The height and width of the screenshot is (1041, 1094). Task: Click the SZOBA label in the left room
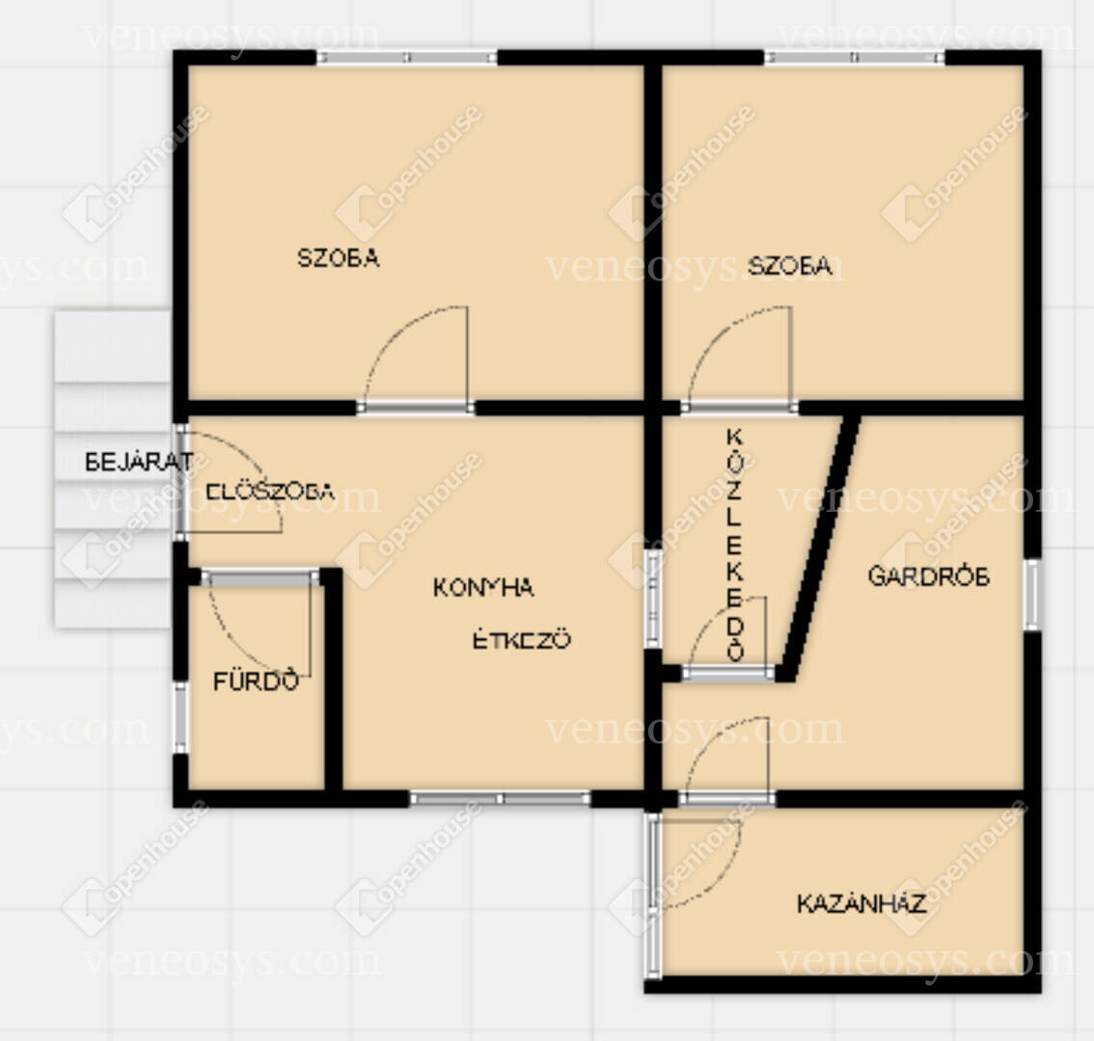(x=339, y=258)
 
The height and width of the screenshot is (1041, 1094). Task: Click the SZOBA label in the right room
(x=789, y=266)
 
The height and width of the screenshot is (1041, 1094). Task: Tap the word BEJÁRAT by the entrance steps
(x=139, y=462)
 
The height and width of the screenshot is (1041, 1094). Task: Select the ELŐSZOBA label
(x=270, y=492)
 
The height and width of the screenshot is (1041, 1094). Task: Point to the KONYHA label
(x=483, y=588)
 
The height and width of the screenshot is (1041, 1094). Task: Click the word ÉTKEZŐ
(x=522, y=639)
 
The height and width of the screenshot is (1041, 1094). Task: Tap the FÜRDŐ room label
(x=256, y=681)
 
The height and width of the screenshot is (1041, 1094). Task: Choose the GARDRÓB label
(x=929, y=576)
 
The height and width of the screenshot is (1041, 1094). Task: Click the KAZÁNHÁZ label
(x=862, y=903)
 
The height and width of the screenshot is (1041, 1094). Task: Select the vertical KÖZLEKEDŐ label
(x=735, y=545)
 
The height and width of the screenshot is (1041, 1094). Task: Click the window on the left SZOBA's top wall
(x=407, y=57)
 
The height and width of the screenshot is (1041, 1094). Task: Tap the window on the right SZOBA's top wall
(x=855, y=57)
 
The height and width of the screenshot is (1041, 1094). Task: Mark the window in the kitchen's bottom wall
(x=501, y=798)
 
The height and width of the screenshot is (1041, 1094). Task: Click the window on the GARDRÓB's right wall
(x=1032, y=594)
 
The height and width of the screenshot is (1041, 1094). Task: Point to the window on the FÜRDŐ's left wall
(x=180, y=717)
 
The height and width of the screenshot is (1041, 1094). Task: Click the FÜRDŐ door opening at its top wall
(x=260, y=577)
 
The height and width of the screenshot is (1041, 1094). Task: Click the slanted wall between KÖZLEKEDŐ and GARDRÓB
(x=818, y=548)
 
